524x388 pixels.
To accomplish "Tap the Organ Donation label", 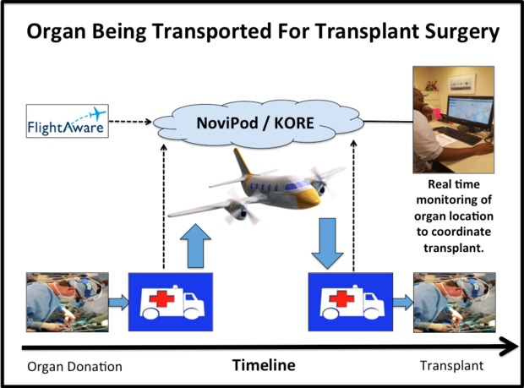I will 75,366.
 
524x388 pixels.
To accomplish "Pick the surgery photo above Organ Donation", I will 67,301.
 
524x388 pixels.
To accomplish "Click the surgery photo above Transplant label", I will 452,301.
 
